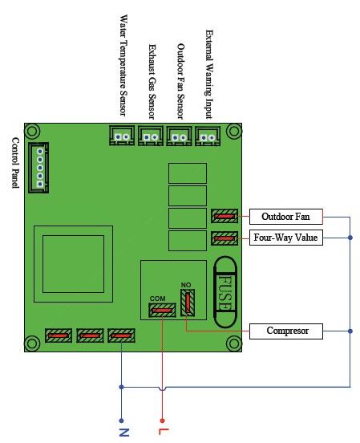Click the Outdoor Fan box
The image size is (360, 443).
pos(286,217)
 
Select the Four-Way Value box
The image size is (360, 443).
pos(286,238)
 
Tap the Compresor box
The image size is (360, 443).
pos(286,331)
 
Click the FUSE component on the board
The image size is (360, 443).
pos(225,292)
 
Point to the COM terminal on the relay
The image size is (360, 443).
pos(162,311)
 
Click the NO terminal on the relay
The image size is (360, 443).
pos(188,303)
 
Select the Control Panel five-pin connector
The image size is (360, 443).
pos(38,168)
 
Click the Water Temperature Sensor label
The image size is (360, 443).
pos(123,65)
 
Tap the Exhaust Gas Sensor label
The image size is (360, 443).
pos(152,82)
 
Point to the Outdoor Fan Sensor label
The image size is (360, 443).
pos(180,81)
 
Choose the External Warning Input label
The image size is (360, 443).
pos(209,75)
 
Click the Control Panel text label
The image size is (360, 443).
pos(15,163)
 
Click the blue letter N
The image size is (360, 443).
pos(123,433)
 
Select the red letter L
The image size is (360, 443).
pos(164,432)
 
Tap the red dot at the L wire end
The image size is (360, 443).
pos(162,421)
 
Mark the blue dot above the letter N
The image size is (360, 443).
pos(121,421)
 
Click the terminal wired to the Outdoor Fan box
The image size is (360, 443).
pos(224,217)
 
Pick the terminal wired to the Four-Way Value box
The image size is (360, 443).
pos(224,238)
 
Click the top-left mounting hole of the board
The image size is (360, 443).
pos(32,131)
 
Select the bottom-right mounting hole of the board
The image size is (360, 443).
pos(234,343)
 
